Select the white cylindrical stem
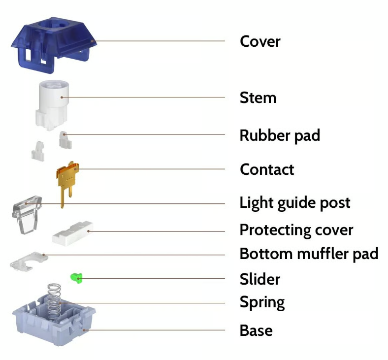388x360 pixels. [x=53, y=104]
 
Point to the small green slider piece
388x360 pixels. [x=76, y=278]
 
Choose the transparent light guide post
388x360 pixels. [x=27, y=214]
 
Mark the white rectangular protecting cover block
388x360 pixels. [x=73, y=233]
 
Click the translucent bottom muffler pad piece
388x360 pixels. [x=29, y=262]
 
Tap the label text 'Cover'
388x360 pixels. [x=260, y=41]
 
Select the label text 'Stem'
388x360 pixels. [x=258, y=98]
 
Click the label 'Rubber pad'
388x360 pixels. [x=280, y=135]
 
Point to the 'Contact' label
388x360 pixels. [x=267, y=169]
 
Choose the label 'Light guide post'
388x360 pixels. [x=295, y=203]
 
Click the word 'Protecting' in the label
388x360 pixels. [x=275, y=230]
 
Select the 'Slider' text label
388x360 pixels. [x=260, y=279]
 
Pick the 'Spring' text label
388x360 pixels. [x=262, y=302]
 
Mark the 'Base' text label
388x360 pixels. [x=256, y=330]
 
